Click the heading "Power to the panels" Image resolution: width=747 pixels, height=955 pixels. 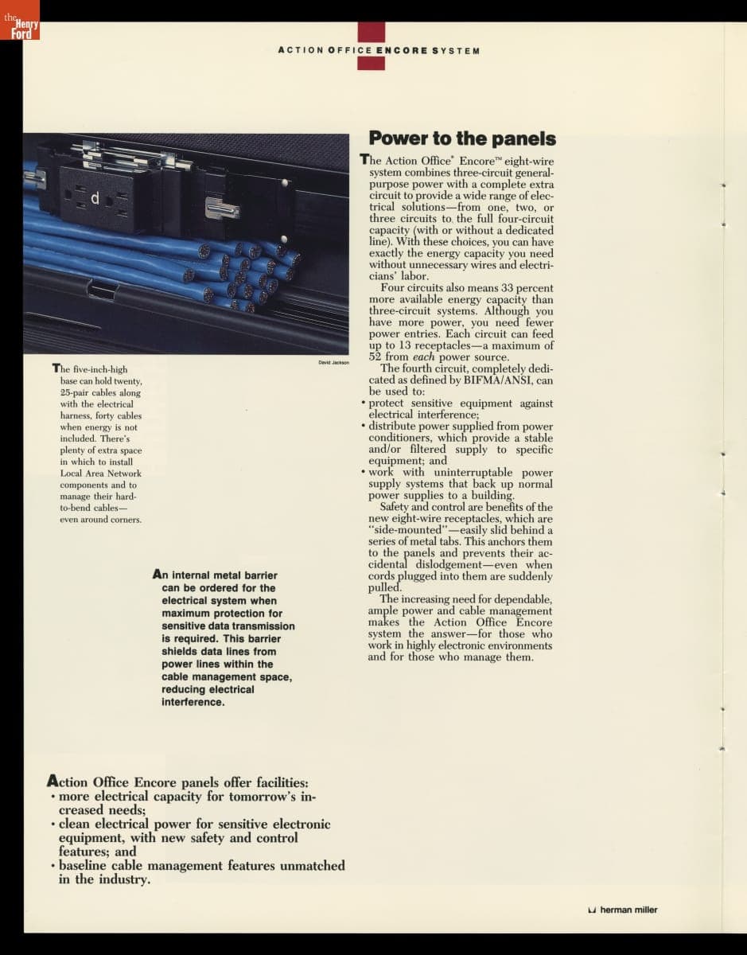point(462,138)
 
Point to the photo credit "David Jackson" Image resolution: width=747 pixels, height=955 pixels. point(333,363)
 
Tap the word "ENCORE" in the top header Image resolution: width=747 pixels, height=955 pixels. point(402,51)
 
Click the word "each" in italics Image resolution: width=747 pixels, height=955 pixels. point(425,357)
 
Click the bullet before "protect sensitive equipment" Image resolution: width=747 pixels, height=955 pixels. point(364,403)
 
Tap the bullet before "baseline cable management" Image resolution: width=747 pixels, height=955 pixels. point(52,866)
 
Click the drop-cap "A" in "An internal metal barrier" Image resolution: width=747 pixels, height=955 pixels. point(158,575)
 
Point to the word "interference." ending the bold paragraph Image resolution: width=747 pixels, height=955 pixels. point(193,702)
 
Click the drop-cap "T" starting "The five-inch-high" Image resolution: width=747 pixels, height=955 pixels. point(56,368)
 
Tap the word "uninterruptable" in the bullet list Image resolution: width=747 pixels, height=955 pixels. point(470,473)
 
